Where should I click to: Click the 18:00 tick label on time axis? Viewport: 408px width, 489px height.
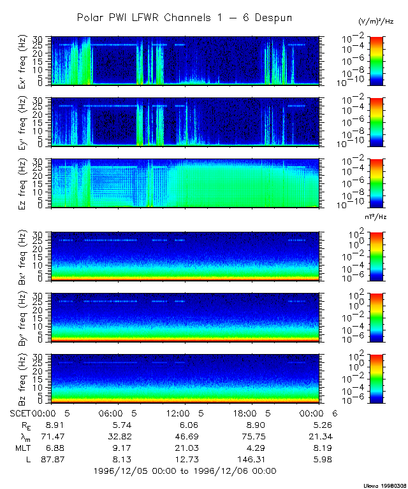(250, 413)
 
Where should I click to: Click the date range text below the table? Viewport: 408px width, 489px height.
(184, 471)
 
